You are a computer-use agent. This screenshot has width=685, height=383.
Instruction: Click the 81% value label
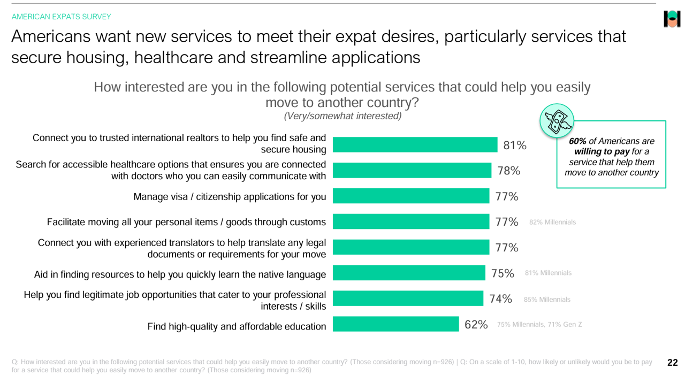[515, 145]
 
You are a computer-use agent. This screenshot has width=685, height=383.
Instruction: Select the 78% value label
[509, 171]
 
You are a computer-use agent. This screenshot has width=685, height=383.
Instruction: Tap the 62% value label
[476, 325]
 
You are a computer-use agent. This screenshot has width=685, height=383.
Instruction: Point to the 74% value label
[500, 299]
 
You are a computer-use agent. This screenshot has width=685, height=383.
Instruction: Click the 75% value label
[503, 273]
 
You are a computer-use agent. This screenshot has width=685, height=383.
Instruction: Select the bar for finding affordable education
[395, 324]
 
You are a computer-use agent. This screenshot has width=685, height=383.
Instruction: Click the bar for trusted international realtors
[415, 145]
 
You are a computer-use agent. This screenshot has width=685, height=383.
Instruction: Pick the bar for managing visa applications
[410, 196]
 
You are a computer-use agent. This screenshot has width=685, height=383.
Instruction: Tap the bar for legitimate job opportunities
[408, 298]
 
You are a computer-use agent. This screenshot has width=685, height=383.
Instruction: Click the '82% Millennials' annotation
[552, 222]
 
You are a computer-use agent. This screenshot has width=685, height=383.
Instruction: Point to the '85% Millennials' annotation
[547, 300]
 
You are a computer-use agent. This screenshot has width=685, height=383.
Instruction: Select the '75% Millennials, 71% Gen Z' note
[539, 325]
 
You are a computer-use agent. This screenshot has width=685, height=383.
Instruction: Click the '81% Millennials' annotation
[548, 273]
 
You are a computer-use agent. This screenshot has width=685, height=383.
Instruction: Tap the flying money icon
[557, 120]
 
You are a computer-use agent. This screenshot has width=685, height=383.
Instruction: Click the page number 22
[672, 363]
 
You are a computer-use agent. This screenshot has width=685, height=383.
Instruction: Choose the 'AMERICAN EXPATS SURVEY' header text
[62, 17]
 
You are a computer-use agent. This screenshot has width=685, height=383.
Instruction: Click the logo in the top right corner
[672, 19]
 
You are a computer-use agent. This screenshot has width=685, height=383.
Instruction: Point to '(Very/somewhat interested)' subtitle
[342, 116]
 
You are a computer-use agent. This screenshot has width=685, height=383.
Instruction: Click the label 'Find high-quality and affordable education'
[237, 326]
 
